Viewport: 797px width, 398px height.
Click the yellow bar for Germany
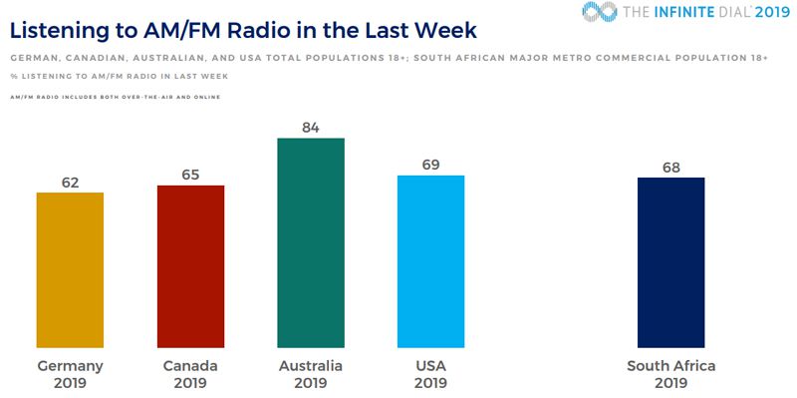click(70, 270)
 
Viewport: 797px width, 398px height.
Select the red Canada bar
click(190, 267)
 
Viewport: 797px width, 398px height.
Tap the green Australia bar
click(311, 243)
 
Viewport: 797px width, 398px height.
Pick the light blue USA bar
click(430, 262)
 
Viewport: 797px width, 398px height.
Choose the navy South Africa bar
click(670, 263)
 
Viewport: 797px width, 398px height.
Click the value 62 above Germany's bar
click(70, 182)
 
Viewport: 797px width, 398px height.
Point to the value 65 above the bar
click(190, 175)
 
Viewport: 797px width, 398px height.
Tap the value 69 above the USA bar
click(430, 165)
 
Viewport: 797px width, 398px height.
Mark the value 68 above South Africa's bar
click(670, 167)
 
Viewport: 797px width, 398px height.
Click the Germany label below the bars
click(70, 366)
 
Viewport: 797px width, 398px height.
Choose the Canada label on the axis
click(190, 366)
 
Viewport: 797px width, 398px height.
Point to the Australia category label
click(311, 366)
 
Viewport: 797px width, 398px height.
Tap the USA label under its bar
click(430, 366)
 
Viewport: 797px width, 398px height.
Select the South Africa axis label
click(670, 366)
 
